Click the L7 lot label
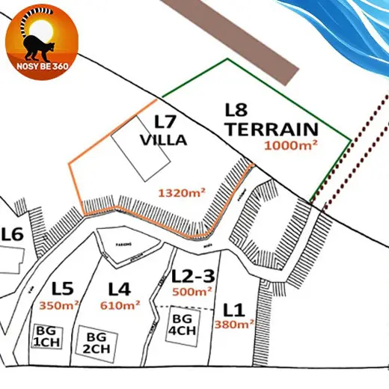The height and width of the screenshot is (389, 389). [166, 122]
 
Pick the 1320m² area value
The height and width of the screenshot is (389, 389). [182, 192]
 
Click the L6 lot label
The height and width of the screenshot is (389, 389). [13, 235]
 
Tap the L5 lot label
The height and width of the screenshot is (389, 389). [63, 287]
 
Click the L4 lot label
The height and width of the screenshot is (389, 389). [120, 288]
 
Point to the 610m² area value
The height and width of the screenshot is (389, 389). [120, 305]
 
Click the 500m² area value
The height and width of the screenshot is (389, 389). [192, 291]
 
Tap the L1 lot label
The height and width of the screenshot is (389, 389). [234, 307]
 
